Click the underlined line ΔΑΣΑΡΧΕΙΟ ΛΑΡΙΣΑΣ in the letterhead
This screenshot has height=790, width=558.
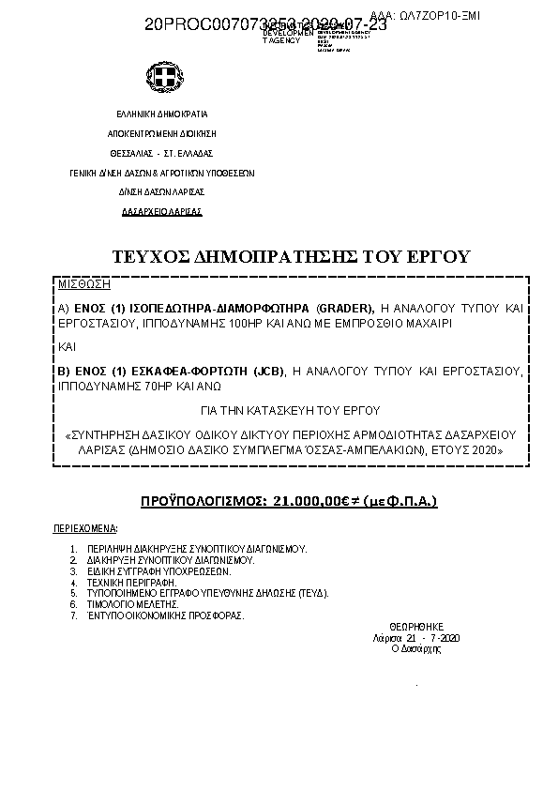162,212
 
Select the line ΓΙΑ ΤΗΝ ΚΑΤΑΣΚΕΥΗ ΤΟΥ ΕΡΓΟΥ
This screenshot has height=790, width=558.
292,411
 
